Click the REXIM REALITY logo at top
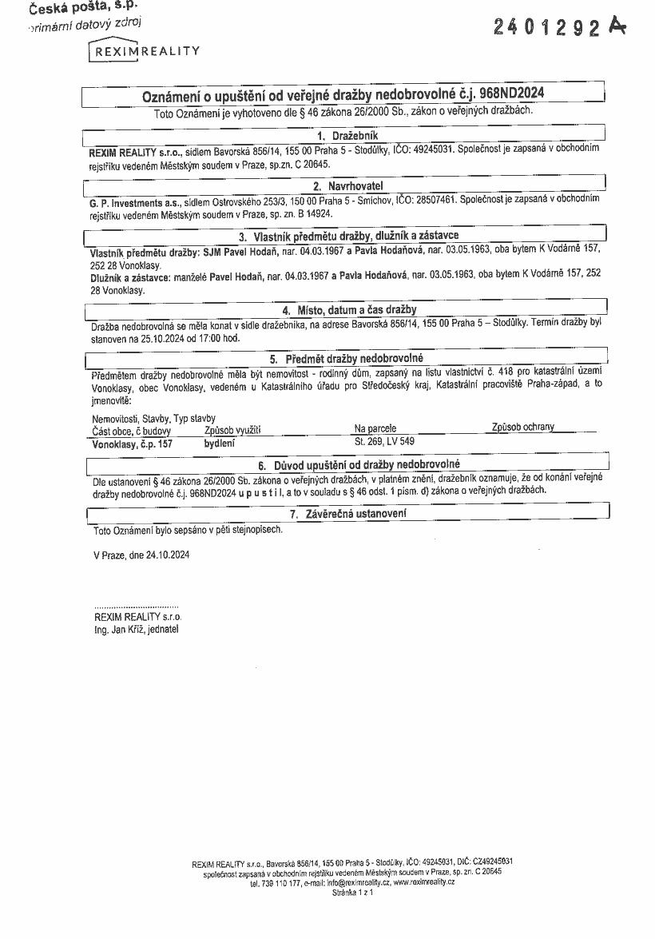[x=144, y=51]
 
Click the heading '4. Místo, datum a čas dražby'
[x=349, y=309]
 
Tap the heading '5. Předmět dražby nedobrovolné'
[x=346, y=359]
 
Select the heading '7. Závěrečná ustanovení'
[x=347, y=514]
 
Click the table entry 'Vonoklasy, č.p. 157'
[x=133, y=442]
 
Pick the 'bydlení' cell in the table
[x=220, y=442]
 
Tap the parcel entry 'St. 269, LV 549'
[x=384, y=441]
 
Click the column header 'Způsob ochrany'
[x=523, y=428]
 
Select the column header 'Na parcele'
[x=375, y=429]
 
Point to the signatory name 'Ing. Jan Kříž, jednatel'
[x=137, y=630]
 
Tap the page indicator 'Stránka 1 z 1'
[x=352, y=892]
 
